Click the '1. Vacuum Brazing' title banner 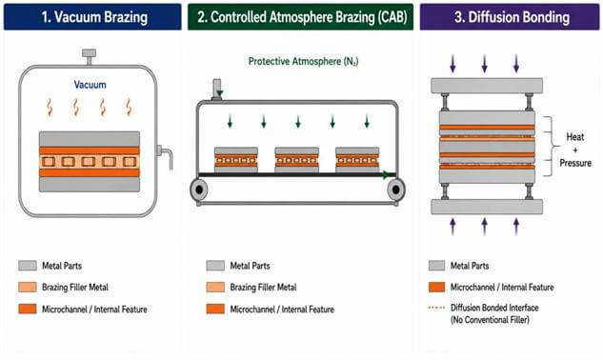(x=92, y=17)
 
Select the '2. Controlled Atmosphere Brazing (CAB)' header (x=300, y=17)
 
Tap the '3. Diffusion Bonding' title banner (x=510, y=17)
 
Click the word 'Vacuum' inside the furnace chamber (x=90, y=85)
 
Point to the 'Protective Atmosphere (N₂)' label (x=303, y=62)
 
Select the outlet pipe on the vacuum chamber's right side (x=165, y=156)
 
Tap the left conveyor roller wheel (x=199, y=190)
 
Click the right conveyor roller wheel (x=395, y=190)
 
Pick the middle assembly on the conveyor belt (x=296, y=160)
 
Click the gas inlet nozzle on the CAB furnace (x=217, y=90)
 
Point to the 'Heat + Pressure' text (x=575, y=150)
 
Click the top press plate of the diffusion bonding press (x=487, y=86)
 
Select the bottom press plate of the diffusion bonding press (x=487, y=207)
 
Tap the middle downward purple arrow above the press (x=485, y=64)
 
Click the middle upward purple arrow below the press (x=485, y=227)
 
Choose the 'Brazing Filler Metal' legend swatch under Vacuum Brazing (x=28, y=287)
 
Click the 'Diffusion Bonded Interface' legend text (x=494, y=308)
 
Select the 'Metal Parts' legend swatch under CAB (x=215, y=266)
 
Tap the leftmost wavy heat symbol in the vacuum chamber (x=50, y=108)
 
